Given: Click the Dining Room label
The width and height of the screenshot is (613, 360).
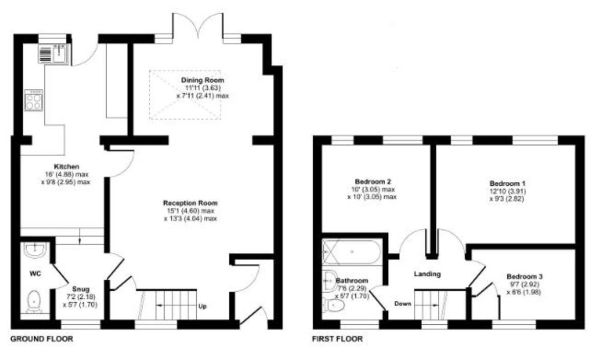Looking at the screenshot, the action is click(202, 80).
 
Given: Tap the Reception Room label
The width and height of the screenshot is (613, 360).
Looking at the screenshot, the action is click(190, 203).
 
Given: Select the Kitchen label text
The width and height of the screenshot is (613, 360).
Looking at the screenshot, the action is click(66, 166).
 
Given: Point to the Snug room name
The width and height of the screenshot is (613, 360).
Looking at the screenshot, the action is click(81, 289).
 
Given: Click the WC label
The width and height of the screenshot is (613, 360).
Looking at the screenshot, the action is click(35, 274).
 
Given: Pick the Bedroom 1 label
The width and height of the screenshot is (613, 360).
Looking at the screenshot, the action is click(507, 183).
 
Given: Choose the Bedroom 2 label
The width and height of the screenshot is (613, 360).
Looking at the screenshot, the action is click(373, 181).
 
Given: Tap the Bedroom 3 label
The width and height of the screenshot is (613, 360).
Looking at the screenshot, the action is click(524, 276).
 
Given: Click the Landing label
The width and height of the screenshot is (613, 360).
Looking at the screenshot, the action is click(427, 274).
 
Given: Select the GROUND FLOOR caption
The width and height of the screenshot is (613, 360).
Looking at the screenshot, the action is click(41, 339).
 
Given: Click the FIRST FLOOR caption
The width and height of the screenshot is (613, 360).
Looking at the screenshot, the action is click(337, 339).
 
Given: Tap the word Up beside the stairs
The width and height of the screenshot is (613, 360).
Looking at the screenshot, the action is click(202, 306).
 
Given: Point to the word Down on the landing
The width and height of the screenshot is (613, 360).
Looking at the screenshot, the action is click(403, 304).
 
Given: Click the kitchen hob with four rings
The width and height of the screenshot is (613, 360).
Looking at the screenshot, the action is click(34, 100).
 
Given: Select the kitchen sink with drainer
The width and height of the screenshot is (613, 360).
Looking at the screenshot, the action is click(53, 53).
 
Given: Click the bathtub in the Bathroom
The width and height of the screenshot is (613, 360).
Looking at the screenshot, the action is click(351, 252).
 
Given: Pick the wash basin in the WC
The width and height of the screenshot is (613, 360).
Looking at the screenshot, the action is click(35, 250).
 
